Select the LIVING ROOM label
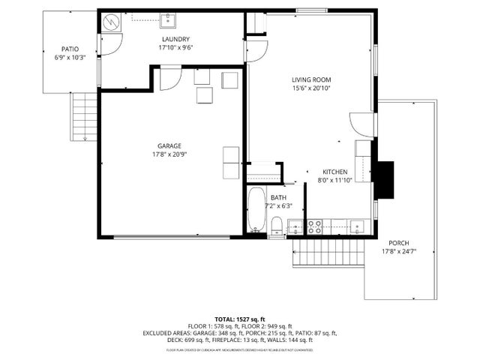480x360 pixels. coord(311,79)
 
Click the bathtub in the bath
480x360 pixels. coord(256,211)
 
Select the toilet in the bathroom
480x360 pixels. coord(275,225)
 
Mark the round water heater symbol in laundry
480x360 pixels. coord(111,22)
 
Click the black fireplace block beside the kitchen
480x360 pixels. coord(384,180)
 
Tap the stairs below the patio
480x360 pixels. coord(85,116)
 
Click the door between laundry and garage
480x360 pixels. coord(170,77)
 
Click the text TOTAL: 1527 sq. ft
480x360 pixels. coord(239,319)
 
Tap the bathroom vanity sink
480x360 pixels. coord(295,225)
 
